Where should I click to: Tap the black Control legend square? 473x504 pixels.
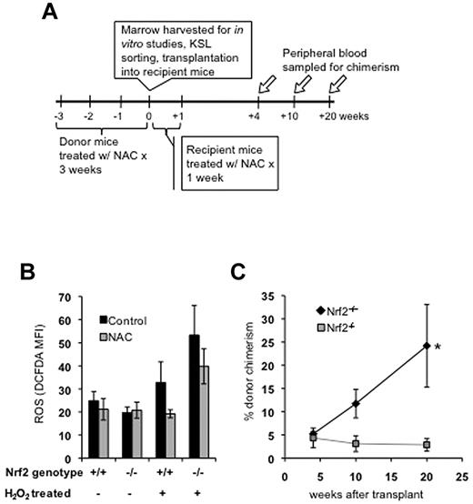(x=102, y=320)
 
